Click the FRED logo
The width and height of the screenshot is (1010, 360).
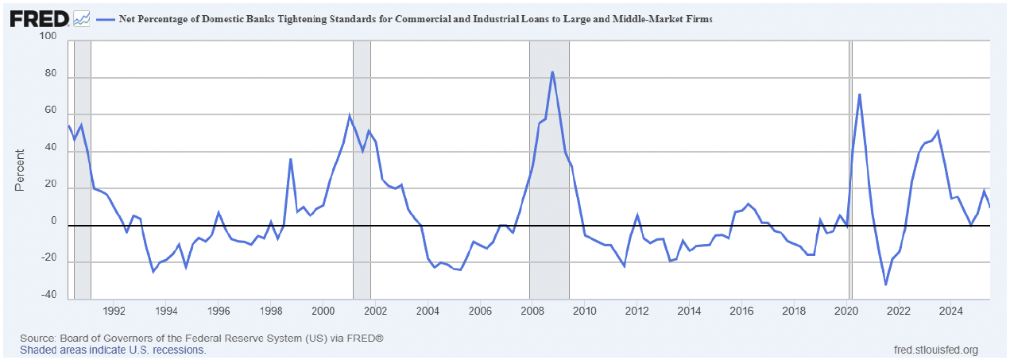pos(38,17)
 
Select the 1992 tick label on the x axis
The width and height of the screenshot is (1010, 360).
pos(114,310)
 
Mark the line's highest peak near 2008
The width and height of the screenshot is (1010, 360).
pos(552,72)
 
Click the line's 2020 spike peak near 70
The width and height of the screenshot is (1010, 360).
pos(859,95)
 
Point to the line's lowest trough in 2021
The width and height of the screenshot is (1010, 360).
pos(885,285)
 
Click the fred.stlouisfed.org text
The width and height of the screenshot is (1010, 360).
pos(936,350)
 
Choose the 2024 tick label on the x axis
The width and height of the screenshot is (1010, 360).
pos(950,310)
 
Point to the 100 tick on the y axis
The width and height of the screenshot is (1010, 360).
pos(47,37)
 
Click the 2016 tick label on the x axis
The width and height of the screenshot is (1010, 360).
pos(741,310)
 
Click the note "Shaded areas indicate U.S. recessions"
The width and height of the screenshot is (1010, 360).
pos(113,350)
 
